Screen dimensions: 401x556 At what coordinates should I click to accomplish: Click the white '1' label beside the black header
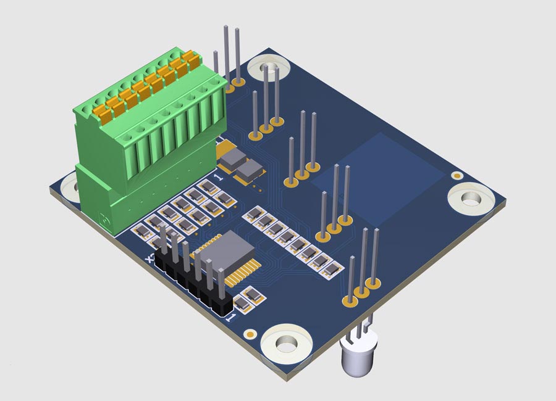pos(231,318)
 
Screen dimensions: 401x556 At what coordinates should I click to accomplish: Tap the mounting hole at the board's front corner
pos(285,342)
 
